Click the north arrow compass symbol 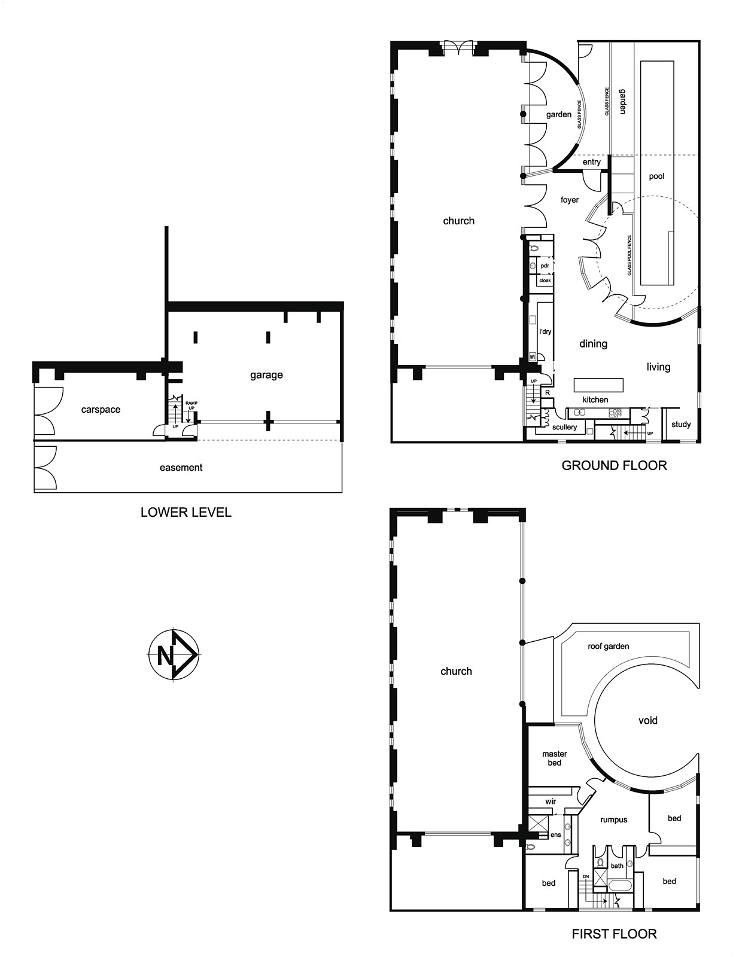click(173, 655)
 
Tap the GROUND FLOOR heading click(614, 465)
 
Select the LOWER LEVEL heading click(186, 512)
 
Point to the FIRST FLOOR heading click(614, 934)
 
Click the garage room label click(266, 375)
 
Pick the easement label click(181, 468)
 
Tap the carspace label click(101, 410)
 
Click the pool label click(656, 176)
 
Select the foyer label click(570, 200)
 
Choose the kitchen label click(595, 400)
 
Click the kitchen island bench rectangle click(598, 385)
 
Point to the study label click(681, 425)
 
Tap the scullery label click(564, 426)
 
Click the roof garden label click(609, 646)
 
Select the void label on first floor click(648, 720)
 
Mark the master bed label click(555, 758)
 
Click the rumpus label click(613, 819)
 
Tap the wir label click(551, 801)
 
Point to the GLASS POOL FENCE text click(629, 255)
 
